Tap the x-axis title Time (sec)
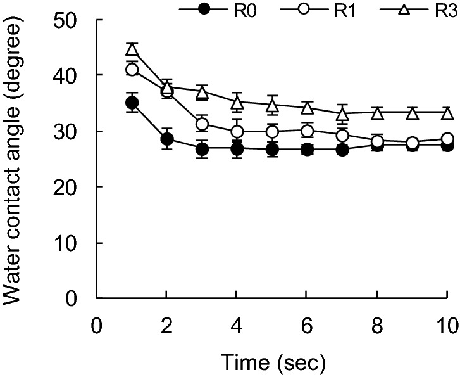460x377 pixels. point(272,362)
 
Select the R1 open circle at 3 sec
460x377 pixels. point(202,124)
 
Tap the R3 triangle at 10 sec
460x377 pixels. point(447,113)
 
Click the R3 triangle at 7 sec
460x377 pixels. point(342,115)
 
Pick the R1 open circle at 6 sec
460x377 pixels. point(307,131)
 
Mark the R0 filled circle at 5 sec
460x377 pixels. point(272,150)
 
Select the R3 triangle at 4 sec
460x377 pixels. point(237,103)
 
